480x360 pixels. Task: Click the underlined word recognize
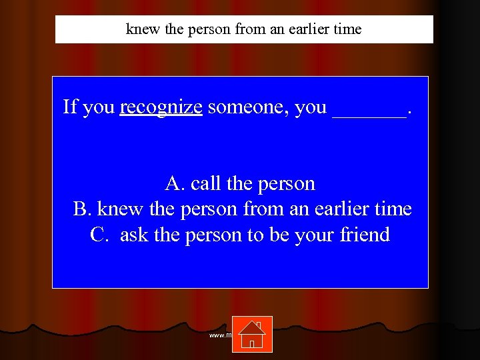[161, 107]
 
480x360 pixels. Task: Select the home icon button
[252, 333]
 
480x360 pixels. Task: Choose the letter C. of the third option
[99, 235]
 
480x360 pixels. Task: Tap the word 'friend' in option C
[365, 235]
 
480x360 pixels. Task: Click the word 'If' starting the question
[69, 107]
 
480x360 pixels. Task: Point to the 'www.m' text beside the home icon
[220, 335]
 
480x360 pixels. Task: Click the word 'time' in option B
[394, 209]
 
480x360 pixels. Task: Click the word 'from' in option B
[261, 209]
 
